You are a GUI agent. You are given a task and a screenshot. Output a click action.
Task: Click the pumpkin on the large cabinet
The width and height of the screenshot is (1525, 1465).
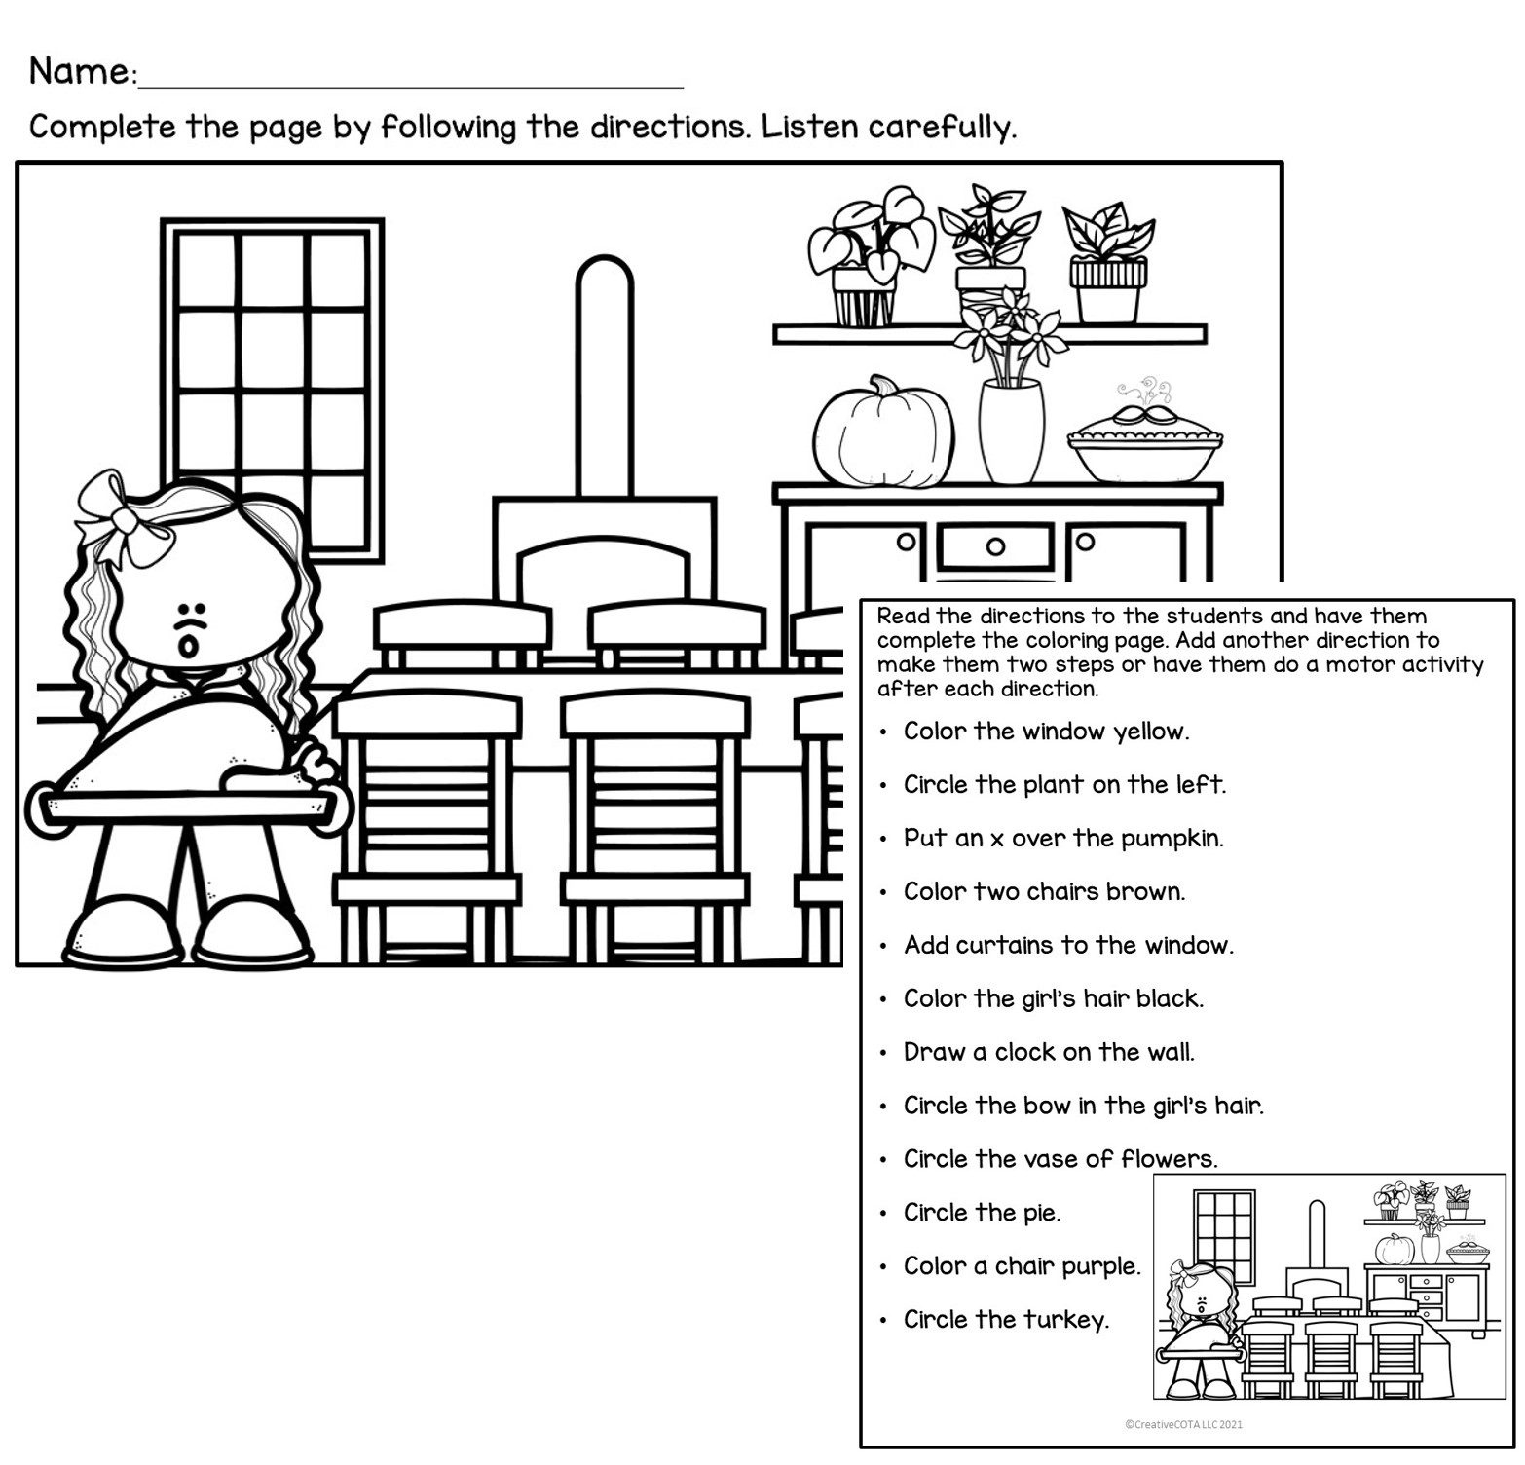pos(884,432)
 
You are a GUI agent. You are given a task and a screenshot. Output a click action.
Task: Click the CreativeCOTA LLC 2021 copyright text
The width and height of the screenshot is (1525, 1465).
pos(1183,1424)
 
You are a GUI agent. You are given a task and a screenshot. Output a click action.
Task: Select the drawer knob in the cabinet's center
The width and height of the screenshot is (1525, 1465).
pos(995,546)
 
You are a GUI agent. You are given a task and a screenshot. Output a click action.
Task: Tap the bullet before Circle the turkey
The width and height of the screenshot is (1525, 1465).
pos(882,1321)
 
